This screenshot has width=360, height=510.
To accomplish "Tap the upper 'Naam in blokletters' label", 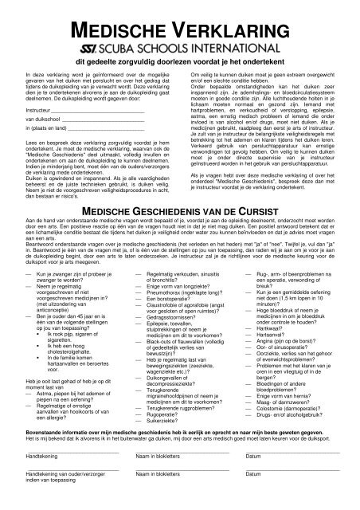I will pyautogui.click(x=162, y=476).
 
